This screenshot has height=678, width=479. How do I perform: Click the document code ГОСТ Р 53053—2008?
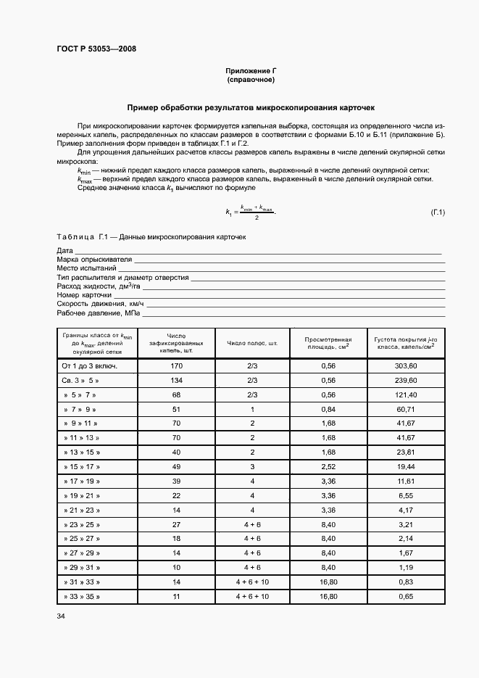pos(96,49)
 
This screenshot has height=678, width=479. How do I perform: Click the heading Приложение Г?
pos(251,70)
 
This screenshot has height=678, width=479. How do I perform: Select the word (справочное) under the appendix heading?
pos(251,80)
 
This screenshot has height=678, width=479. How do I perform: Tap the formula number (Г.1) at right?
pos(437,212)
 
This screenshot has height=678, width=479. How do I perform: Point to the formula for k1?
pos(251,212)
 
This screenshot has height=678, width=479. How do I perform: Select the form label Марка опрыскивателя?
pos(94,259)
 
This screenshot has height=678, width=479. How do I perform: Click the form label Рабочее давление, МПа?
pos(98,313)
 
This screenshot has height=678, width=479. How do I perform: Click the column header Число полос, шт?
pos(252,343)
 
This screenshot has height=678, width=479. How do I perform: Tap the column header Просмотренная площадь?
pos(328,343)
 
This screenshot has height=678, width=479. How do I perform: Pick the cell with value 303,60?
pos(406,366)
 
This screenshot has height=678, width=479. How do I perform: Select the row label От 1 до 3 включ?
pos(90,366)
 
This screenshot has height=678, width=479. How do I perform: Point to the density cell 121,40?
pos(406,394)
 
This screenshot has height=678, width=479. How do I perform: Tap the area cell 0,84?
pos(328,409)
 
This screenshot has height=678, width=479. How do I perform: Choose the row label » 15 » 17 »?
pos(81,466)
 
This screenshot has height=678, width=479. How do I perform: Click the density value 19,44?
pos(406,466)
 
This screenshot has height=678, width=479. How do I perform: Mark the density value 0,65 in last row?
pos(406,596)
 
